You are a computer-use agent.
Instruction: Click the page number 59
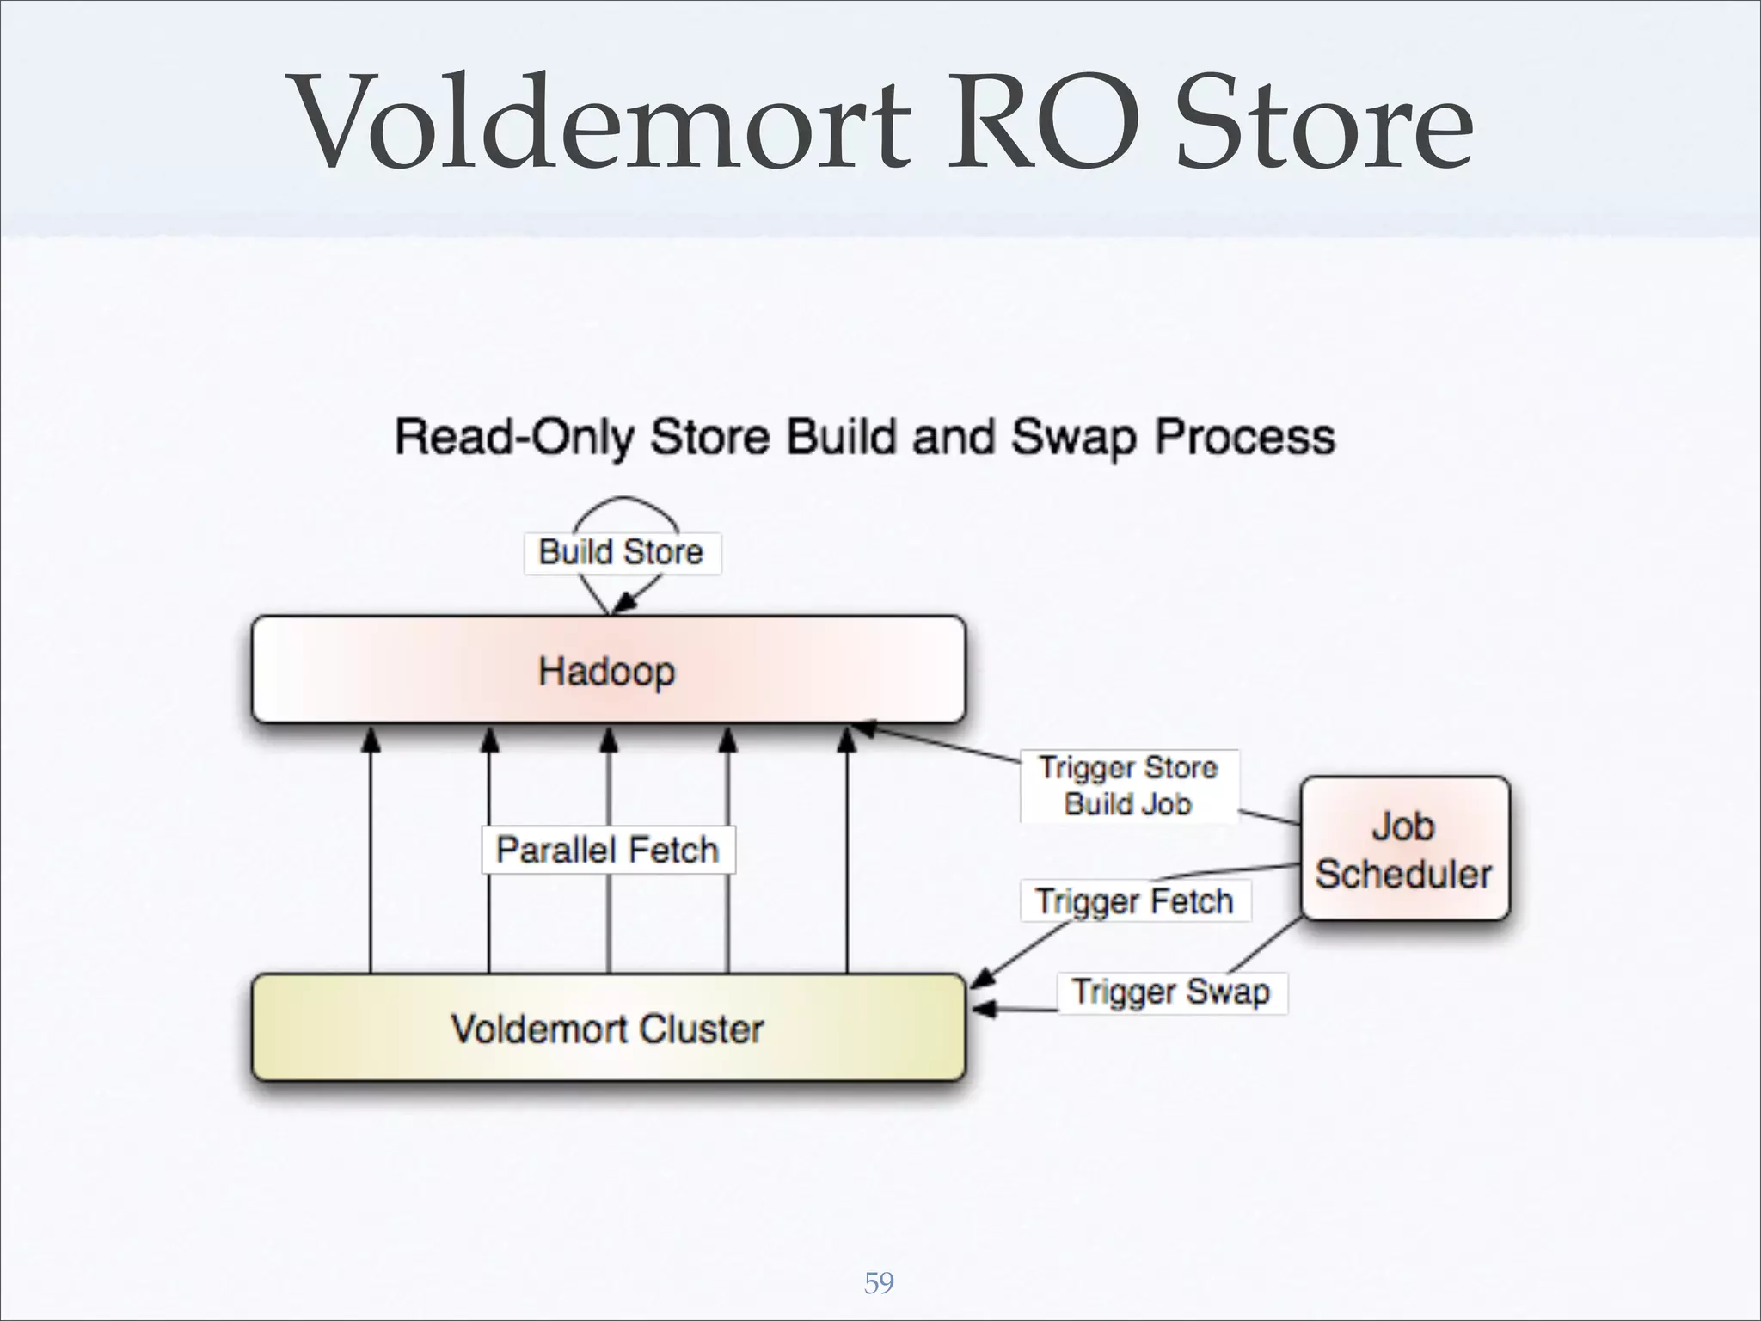click(879, 1283)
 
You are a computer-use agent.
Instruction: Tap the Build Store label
click(621, 552)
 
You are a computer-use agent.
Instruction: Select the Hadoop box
click(608, 671)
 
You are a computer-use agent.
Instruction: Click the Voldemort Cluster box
click(608, 1029)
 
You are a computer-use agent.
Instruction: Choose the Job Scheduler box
click(1404, 850)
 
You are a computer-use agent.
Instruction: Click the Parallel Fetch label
click(607, 850)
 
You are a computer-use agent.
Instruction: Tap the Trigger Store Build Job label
click(1128, 785)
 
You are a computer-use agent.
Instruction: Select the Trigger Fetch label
click(1134, 901)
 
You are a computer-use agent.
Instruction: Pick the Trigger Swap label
click(1170, 992)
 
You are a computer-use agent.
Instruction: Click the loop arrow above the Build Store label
click(625, 502)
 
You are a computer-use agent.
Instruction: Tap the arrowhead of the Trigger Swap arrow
click(983, 1009)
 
